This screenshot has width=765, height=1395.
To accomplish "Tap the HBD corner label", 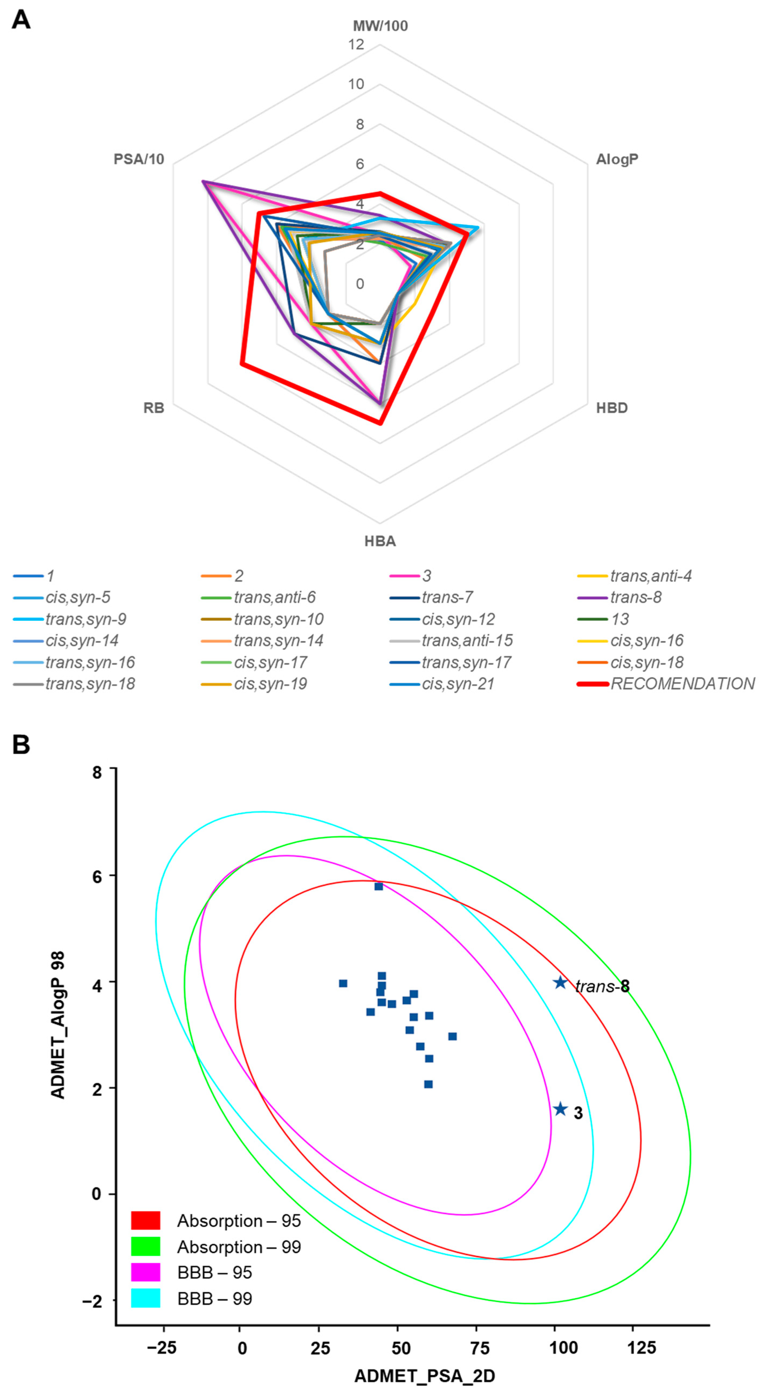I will pyautogui.click(x=612, y=408).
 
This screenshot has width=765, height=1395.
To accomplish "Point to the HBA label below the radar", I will pyautogui.click(x=380, y=541).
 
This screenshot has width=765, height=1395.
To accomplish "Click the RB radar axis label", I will pyautogui.click(x=154, y=408).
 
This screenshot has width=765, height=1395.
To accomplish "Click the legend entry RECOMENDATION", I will pyautogui.click(x=682, y=684).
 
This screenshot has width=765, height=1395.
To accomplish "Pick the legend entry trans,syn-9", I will pyautogui.click(x=85, y=619).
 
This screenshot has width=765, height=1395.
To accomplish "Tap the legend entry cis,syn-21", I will pyautogui.click(x=458, y=684).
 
